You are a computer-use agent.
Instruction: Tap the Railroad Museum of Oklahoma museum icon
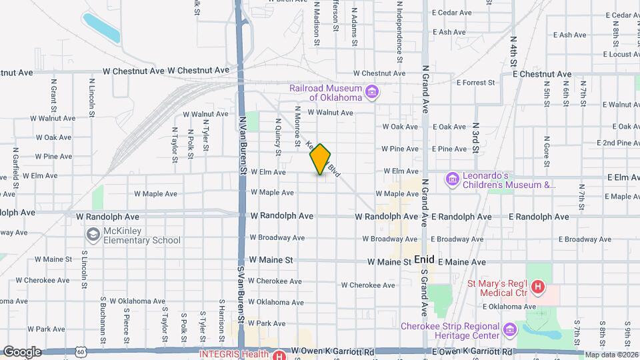pyautogui.click(x=371, y=91)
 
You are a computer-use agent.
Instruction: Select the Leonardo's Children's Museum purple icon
pyautogui.click(x=453, y=179)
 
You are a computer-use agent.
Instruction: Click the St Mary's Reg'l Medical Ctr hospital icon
pyautogui.click(x=539, y=289)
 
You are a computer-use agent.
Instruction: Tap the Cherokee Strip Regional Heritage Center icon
pyautogui.click(x=510, y=329)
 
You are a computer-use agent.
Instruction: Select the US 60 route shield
pyautogui.click(x=81, y=351)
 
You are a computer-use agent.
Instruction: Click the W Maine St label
pyautogui.click(x=271, y=260)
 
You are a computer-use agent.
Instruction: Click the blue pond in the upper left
pyautogui.click(x=101, y=27)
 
